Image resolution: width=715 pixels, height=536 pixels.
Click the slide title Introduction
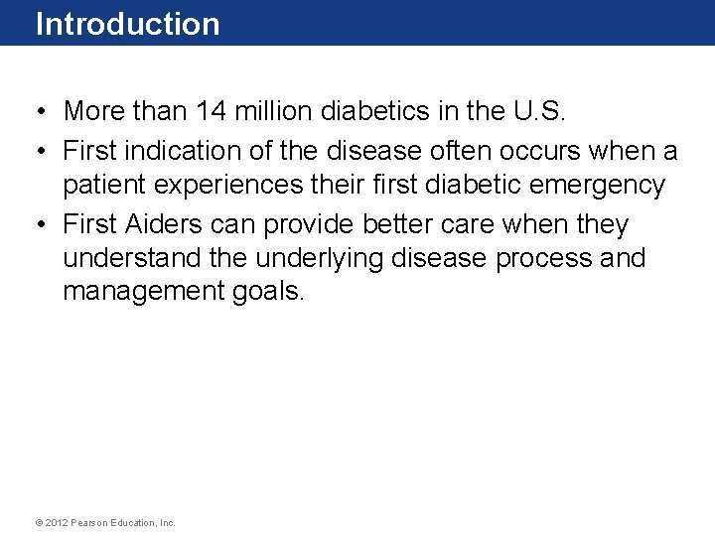[x=127, y=24]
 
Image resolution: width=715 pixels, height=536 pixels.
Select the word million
[x=275, y=111]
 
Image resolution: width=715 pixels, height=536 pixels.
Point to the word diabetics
[x=375, y=111]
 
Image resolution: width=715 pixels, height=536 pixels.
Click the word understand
[x=134, y=258]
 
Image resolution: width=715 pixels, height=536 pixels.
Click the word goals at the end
[x=268, y=292]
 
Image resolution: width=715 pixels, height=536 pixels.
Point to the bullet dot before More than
[x=35, y=111]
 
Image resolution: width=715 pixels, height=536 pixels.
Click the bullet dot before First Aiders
[x=35, y=224]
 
